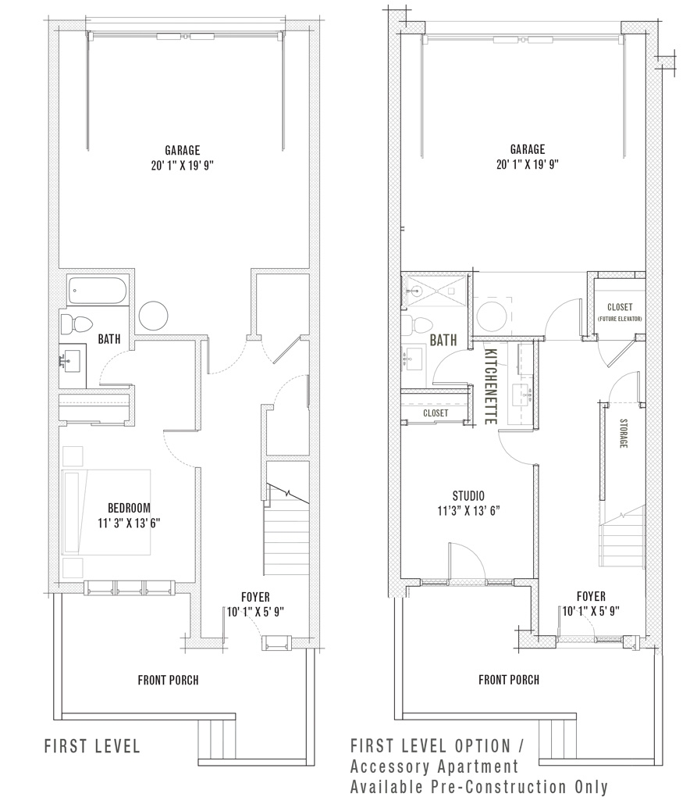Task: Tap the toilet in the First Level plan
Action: coord(76,323)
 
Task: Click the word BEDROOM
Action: coord(129,508)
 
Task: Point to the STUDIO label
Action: coord(468,496)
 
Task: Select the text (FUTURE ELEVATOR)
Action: coord(621,320)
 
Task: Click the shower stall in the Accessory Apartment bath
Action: coord(435,291)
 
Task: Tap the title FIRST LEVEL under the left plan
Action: coord(92,746)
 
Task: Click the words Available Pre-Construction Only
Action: coord(479,787)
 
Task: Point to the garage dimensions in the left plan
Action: coord(182,165)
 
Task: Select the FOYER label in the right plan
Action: coord(592,596)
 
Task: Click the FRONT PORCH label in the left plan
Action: coord(168,680)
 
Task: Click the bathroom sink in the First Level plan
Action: coord(73,362)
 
